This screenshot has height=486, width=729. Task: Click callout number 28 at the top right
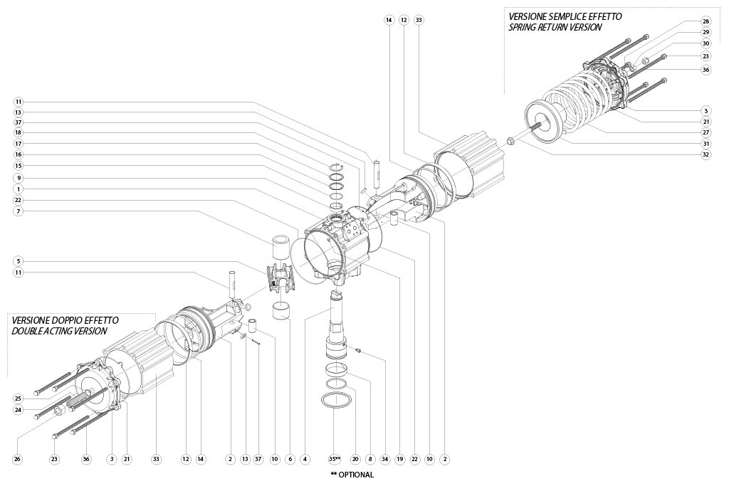coord(706,21)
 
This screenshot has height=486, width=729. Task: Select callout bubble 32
coord(706,155)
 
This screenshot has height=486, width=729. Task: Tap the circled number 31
coord(706,144)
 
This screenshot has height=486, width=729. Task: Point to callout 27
coord(706,132)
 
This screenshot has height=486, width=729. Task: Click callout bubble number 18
coord(18,133)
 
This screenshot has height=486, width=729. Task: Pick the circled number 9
coord(18,177)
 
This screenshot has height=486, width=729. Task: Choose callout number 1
coord(18,189)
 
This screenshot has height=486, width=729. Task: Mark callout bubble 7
coord(18,211)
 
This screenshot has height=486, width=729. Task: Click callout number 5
coord(18,261)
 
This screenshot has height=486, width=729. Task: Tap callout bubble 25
coord(18,398)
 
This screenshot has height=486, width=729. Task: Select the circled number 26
coord(18,460)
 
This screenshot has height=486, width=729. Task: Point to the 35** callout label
coord(335,460)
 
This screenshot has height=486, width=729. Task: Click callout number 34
coord(384,460)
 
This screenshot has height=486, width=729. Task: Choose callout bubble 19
coord(399,460)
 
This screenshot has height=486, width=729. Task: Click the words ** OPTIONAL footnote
coord(352,475)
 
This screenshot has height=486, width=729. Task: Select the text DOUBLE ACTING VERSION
coord(59,331)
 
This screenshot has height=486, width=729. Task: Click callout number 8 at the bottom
coord(370,460)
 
